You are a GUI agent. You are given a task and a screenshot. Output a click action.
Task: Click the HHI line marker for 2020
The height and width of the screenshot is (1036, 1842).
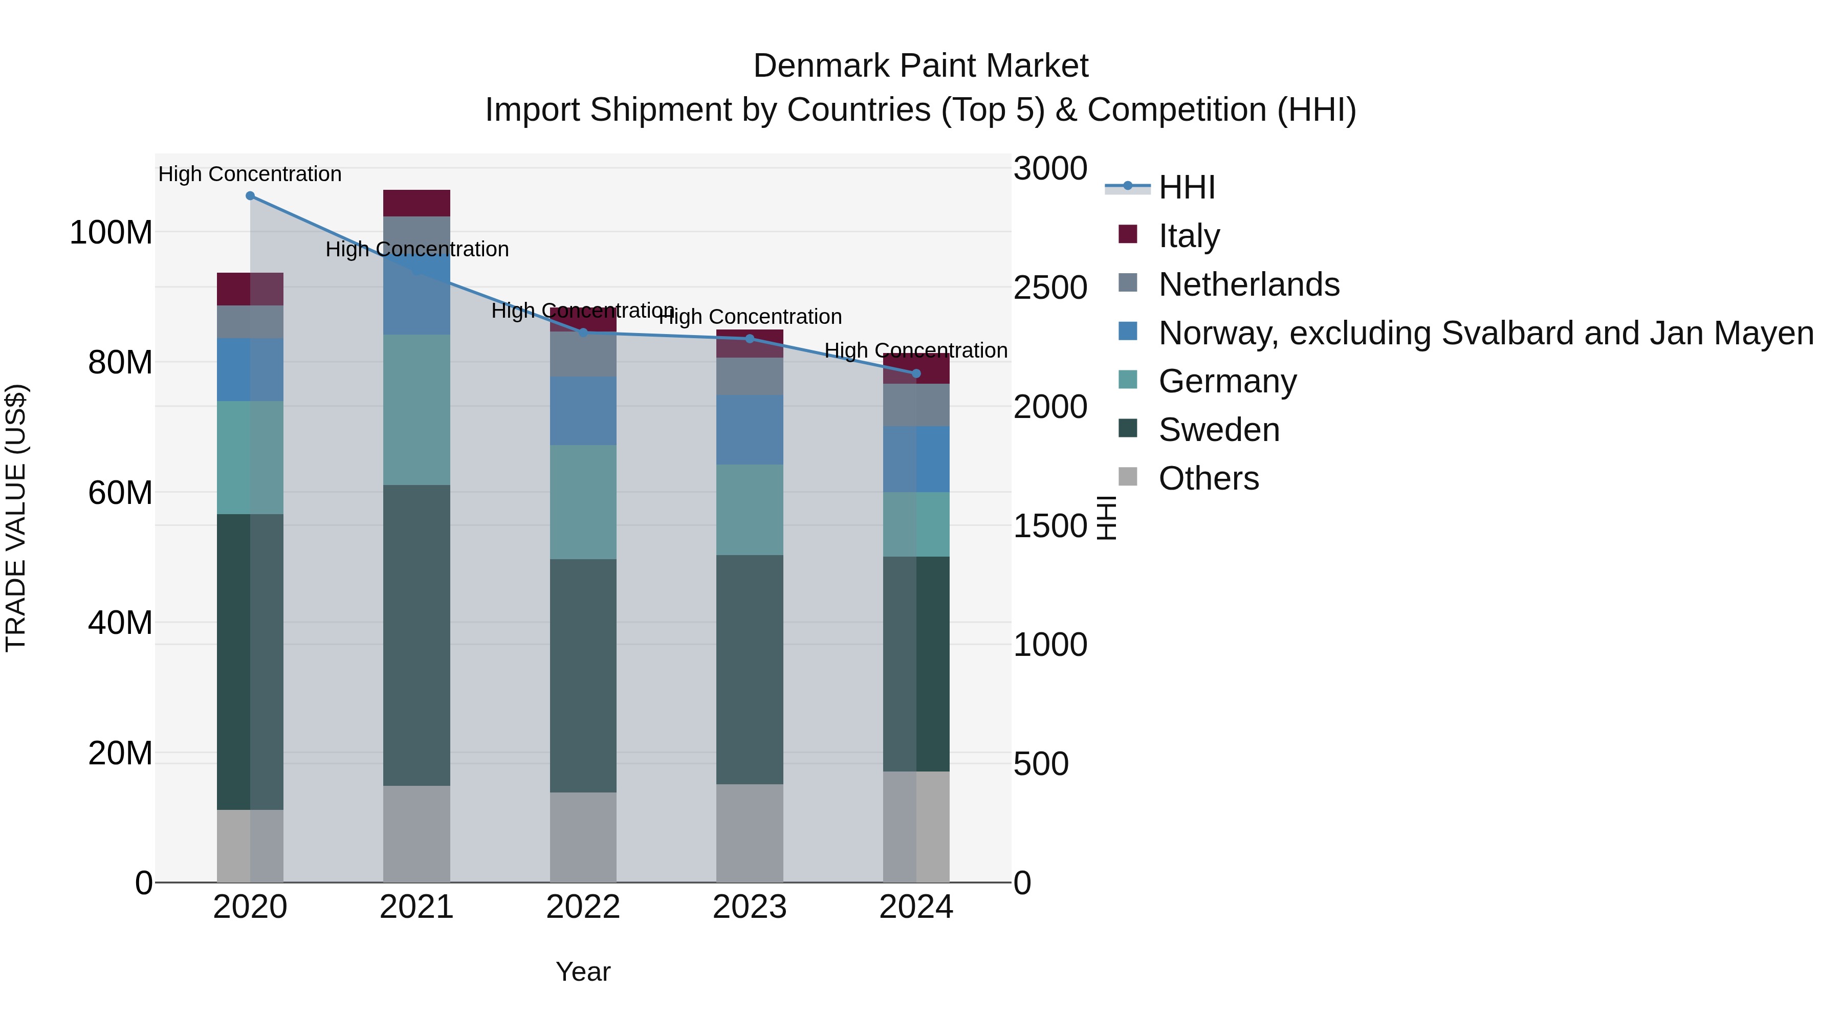pos(250,196)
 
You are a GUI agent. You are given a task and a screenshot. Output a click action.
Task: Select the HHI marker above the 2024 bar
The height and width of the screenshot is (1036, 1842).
pos(916,373)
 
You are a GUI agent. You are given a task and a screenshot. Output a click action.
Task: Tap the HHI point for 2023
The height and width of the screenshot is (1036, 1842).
pos(750,339)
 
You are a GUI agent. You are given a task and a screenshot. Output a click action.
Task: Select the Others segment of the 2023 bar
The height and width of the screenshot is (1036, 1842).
pos(750,833)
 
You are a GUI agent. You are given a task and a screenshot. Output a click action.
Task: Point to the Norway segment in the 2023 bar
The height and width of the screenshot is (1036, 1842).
pos(750,430)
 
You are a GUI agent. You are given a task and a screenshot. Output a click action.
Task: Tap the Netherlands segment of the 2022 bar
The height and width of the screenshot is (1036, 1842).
pos(583,355)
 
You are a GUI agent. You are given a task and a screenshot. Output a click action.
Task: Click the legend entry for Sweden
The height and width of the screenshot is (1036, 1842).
pos(1218,430)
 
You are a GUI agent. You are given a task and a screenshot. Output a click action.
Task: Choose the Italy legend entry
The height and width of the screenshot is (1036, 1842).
pos(1189,236)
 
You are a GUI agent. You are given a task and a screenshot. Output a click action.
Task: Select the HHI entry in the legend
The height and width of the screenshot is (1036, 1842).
pos(1186,187)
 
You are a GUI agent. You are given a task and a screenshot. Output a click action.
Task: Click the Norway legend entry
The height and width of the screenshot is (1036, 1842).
pos(1485,333)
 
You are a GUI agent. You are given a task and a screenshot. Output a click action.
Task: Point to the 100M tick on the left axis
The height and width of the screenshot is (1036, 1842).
pos(111,233)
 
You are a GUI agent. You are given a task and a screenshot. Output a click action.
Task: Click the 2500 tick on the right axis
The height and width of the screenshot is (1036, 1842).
pos(1050,288)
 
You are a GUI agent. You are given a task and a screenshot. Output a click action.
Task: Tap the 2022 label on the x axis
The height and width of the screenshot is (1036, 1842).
pos(583,907)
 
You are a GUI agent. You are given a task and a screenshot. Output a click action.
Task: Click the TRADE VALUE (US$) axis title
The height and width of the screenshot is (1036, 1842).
pos(16,518)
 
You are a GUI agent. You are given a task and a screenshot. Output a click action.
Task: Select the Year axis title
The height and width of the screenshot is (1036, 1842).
pos(583,972)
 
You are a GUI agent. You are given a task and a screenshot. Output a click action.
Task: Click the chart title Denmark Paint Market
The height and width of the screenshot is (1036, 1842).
pos(920,66)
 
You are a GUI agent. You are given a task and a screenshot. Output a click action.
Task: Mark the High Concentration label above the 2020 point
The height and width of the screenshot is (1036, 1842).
pos(250,174)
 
